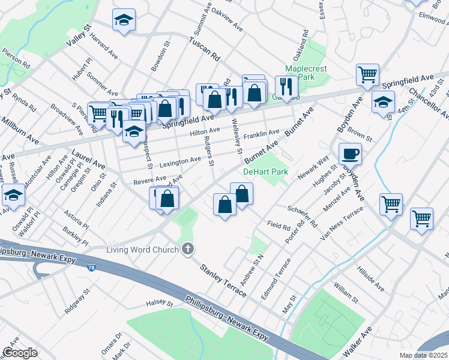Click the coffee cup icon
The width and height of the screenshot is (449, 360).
tap(350, 154)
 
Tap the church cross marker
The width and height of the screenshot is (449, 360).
tap(188, 248)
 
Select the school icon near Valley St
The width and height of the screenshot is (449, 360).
tap(124, 20)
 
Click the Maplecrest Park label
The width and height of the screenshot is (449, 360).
tap(306, 73)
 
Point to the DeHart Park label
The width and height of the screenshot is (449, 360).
tap(265, 172)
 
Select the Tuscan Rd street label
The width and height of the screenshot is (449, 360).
tap(204, 49)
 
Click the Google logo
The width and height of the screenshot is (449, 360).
tap(20, 352)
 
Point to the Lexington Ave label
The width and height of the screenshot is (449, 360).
tap(180, 160)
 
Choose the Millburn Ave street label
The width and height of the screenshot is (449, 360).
tap(19, 131)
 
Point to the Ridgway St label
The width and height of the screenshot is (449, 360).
tap(78, 301)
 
